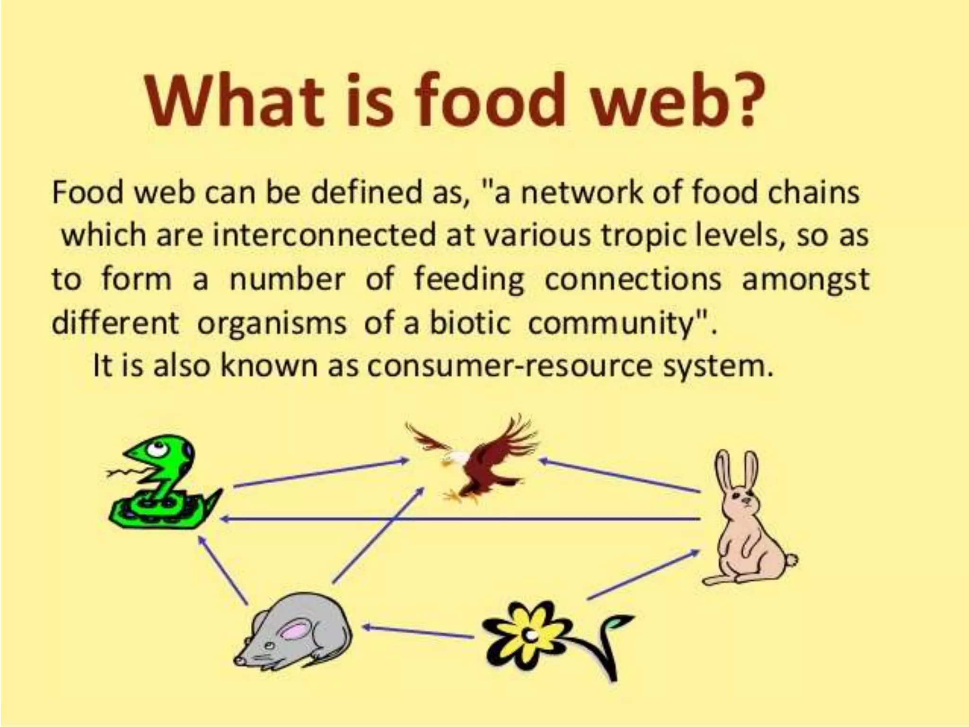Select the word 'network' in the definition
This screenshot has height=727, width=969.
[581, 193]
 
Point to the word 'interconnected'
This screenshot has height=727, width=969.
[324, 235]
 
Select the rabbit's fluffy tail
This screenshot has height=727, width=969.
[791, 561]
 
